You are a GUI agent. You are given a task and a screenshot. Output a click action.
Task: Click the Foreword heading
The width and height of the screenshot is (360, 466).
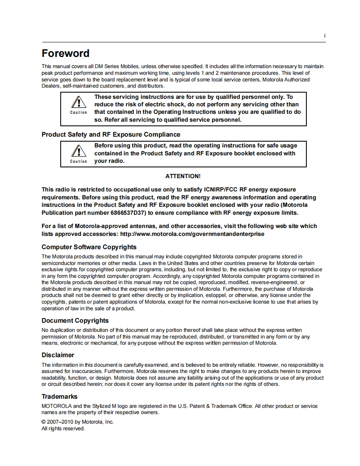(65, 54)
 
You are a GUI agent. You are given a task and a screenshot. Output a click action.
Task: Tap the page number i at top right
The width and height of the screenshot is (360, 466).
(324, 36)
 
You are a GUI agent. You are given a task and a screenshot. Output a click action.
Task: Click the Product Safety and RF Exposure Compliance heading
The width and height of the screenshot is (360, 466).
(111, 135)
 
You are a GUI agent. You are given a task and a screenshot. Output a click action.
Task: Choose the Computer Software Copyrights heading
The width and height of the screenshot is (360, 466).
(89, 247)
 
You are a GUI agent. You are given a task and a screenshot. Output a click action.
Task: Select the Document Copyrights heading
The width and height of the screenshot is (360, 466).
(75, 321)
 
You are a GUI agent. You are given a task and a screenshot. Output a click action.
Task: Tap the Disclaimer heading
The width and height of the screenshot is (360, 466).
(58, 355)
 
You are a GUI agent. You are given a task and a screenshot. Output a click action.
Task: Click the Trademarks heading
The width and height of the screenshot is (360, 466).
(59, 397)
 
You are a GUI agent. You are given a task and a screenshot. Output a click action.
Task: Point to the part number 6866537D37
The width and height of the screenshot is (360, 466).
(130, 213)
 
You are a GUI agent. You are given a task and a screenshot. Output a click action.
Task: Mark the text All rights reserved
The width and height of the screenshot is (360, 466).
(63, 429)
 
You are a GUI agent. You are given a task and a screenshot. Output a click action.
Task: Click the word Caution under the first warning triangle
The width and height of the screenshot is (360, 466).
(79, 113)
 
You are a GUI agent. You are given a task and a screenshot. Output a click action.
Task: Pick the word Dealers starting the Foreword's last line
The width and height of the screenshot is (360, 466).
(51, 86)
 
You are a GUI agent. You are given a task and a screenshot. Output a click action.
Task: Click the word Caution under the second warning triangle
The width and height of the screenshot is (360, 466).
(79, 162)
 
